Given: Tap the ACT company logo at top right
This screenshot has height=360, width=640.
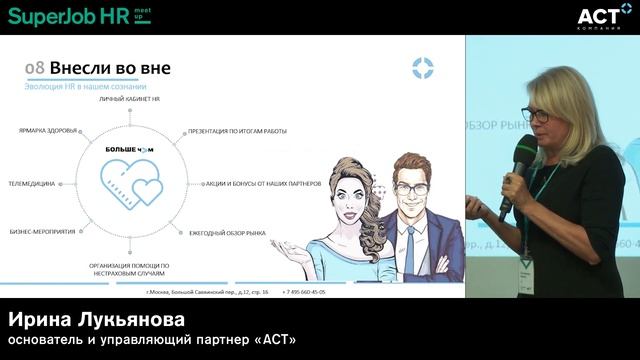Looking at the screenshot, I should (x=604, y=15).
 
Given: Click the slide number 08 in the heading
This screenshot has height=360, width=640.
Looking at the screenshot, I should (x=34, y=68).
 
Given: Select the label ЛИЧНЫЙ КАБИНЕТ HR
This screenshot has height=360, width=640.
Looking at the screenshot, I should (x=130, y=101).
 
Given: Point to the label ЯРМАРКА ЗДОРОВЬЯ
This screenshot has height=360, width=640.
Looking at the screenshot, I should (x=49, y=131).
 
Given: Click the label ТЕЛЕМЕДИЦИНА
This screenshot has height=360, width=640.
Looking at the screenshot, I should (x=32, y=184).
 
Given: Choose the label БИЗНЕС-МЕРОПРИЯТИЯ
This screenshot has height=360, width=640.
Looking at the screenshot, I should (x=43, y=231).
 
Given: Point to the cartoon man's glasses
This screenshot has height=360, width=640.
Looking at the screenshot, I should (x=410, y=188).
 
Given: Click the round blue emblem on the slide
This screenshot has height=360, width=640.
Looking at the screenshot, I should (x=423, y=68).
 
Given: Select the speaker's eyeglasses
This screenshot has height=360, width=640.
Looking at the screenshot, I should (x=534, y=116).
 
